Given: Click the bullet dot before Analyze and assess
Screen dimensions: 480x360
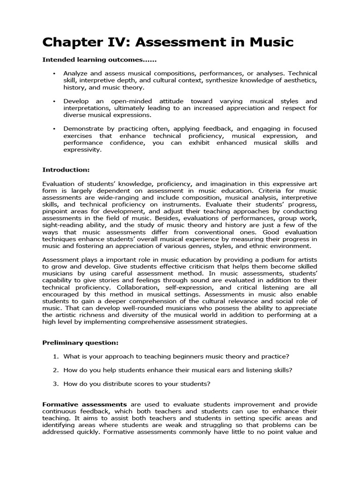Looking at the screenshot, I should pyautogui.click(x=55, y=74).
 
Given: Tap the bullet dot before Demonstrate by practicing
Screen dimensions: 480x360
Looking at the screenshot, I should pyautogui.click(x=55, y=128).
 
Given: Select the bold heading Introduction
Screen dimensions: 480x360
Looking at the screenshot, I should pyautogui.click(x=66, y=169).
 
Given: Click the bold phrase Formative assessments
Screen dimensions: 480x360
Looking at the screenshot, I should pyautogui.click(x=84, y=404).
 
